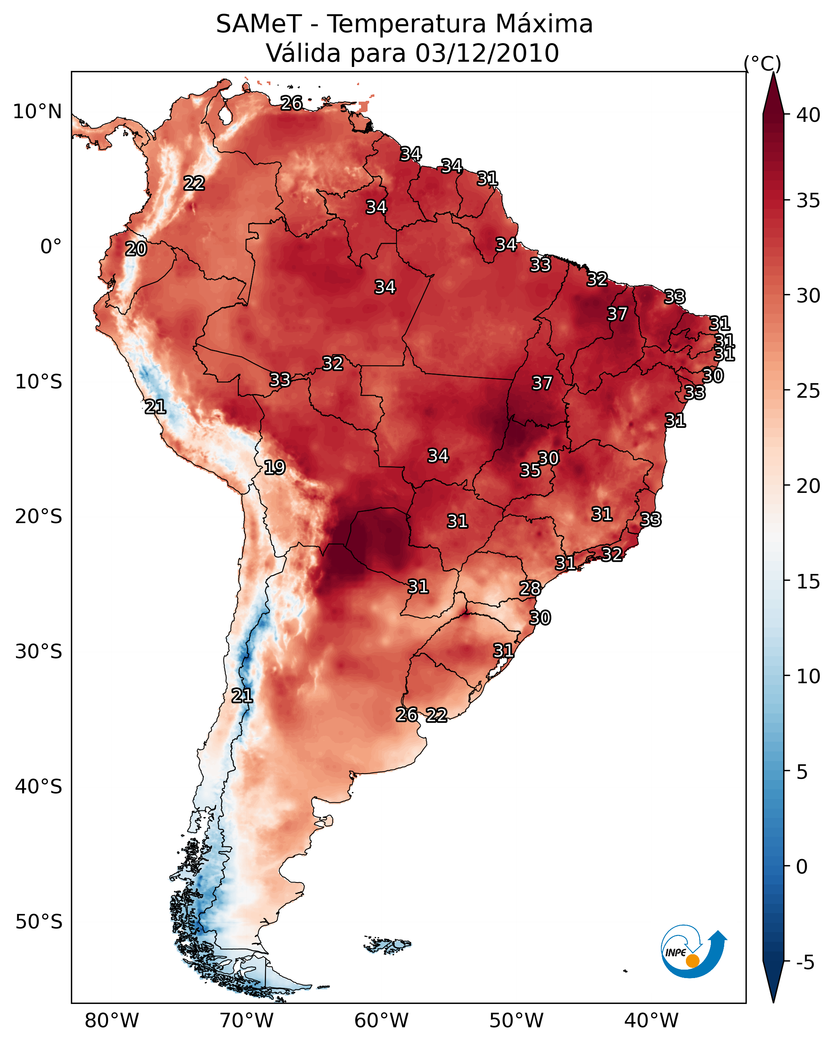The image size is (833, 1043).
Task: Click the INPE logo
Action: coord(693,952)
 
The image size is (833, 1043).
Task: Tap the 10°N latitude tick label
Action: coord(37,112)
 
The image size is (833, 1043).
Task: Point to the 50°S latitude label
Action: coord(39,922)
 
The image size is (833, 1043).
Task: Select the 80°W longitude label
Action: coord(112,1020)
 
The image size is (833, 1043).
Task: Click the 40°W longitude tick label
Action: coord(651,1020)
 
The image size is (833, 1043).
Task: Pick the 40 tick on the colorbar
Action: coord(808,115)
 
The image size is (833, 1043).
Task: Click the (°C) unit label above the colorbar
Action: coord(762,63)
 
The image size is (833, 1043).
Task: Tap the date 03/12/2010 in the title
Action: coord(487,53)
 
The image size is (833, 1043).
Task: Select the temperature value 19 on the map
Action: coord(274,467)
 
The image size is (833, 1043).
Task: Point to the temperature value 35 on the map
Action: coord(530,470)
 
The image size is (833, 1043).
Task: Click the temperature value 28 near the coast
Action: coord(530,588)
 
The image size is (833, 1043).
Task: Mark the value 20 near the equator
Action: coord(136,249)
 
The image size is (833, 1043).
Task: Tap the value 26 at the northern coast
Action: coord(291,103)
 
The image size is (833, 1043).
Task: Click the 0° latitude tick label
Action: coord(51,247)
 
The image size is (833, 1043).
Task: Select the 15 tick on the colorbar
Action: coord(808,581)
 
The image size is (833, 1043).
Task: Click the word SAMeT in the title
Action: coord(259,24)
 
